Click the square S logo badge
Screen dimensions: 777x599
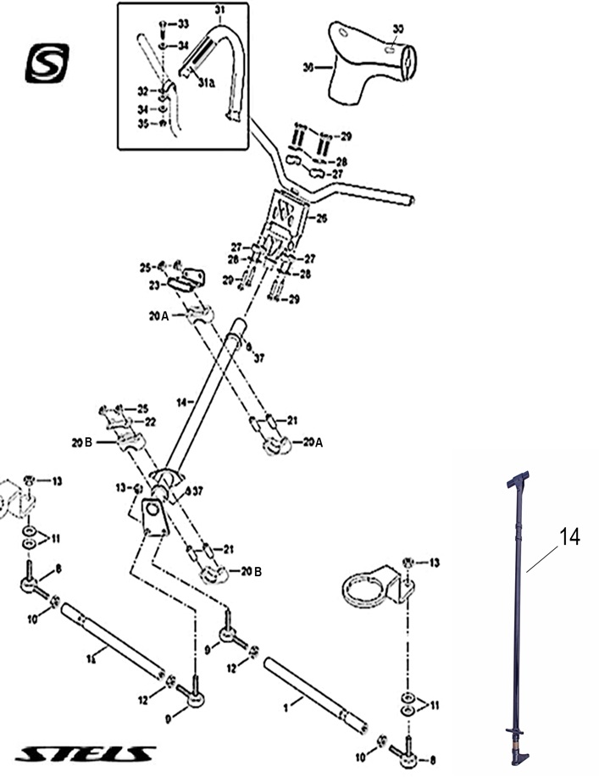pyautogui.click(x=47, y=64)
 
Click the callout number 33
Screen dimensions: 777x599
pyautogui.click(x=183, y=22)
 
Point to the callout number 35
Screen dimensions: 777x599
pyautogui.click(x=143, y=124)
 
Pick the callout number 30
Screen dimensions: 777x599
pyautogui.click(x=398, y=29)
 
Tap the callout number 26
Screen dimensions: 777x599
pyautogui.click(x=320, y=219)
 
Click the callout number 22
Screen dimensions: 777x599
pyautogui.click(x=150, y=421)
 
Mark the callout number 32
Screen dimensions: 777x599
pyautogui.click(x=143, y=90)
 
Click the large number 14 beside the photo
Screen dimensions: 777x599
pyautogui.click(x=570, y=536)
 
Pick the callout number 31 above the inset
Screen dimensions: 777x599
pyautogui.click(x=219, y=9)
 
